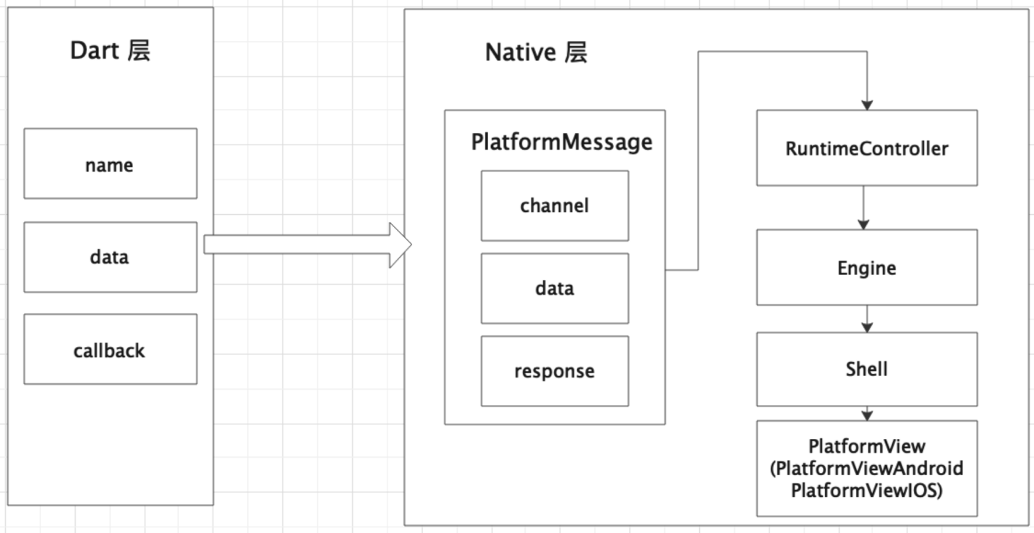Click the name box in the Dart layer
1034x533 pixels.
110,163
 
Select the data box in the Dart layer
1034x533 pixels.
110,257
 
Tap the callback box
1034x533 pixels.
110,349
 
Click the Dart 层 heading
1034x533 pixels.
110,51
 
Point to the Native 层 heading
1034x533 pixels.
536,53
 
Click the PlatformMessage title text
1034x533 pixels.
561,142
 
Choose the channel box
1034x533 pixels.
555,205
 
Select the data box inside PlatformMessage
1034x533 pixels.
555,288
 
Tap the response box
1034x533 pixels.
555,371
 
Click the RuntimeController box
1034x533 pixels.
866,148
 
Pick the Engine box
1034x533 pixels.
866,268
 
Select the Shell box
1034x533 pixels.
866,369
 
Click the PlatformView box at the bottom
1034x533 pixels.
866,468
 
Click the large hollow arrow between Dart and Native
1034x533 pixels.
307,245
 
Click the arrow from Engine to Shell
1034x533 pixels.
866,319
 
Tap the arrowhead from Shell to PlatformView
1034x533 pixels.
866,415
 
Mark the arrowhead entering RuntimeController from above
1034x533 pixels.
866,104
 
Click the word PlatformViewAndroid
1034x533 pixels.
866,469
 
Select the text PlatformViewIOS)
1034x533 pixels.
866,490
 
